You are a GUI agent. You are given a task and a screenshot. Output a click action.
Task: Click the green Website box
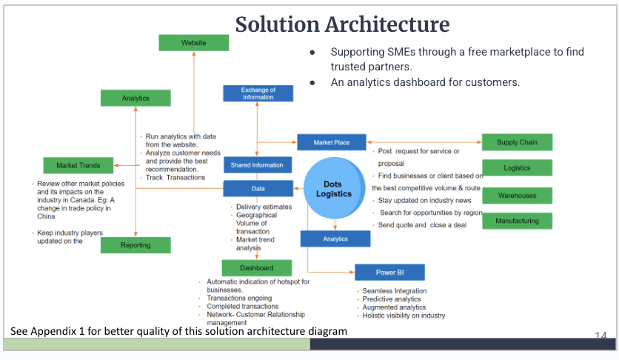point(194,43)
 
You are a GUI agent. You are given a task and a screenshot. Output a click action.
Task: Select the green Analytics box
point(135,98)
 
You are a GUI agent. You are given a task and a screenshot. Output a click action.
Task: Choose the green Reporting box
point(135,245)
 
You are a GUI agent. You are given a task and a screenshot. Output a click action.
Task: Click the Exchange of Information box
point(258,93)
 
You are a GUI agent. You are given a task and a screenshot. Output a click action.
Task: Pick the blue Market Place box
point(332,142)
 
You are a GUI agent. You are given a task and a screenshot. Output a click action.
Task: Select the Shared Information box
point(257,165)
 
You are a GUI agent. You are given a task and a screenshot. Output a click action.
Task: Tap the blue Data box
point(258,189)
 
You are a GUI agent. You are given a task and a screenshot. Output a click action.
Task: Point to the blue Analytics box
point(335,239)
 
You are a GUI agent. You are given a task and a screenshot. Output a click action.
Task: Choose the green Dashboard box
point(256,267)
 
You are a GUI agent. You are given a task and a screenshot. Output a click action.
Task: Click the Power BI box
point(389,271)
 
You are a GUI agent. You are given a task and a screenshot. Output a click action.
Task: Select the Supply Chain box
point(517,142)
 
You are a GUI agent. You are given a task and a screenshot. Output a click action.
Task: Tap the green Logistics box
point(517,168)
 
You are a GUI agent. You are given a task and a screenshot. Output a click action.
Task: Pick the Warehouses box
point(517,196)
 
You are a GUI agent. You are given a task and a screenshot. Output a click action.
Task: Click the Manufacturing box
point(517,221)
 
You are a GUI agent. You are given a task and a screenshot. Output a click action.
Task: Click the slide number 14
point(600,336)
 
